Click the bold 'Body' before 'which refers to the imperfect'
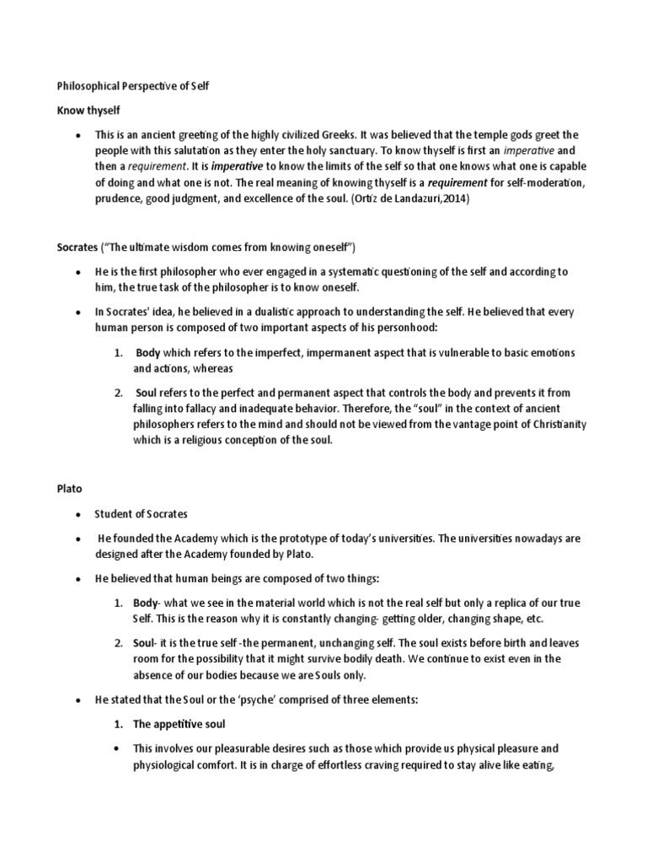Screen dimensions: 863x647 [148, 352]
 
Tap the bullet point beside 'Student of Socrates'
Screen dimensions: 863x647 [78, 514]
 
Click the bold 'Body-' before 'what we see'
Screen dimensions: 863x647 [150, 603]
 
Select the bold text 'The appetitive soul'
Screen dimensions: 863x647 [179, 724]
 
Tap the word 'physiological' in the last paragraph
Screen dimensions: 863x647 [167, 764]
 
